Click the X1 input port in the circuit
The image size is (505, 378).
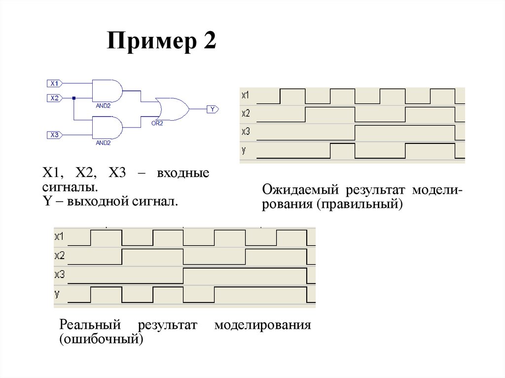pyautogui.click(x=55, y=83)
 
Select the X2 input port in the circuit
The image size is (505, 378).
pyautogui.click(x=55, y=98)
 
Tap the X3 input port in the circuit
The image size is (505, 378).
pyautogui.click(x=55, y=135)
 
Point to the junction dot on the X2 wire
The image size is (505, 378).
pyautogui.click(x=74, y=98)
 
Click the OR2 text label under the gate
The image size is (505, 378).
pyautogui.click(x=157, y=124)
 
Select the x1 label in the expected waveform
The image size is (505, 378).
pyautogui.click(x=246, y=95)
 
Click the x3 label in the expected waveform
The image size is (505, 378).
pyautogui.click(x=246, y=132)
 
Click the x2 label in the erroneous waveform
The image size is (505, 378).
pyautogui.click(x=60, y=255)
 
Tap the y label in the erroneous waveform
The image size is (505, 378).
pyautogui.click(x=57, y=294)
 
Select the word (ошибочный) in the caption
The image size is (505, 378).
pyautogui.click(x=101, y=340)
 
